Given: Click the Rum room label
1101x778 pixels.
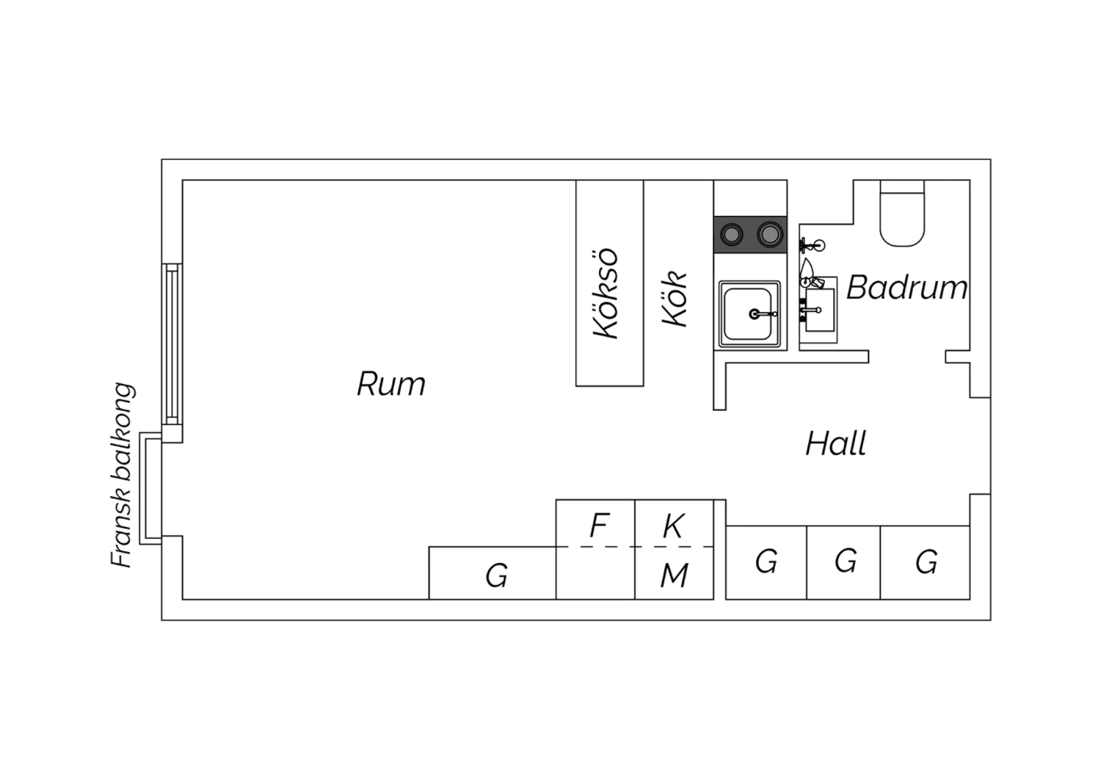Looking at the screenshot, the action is tap(390, 384).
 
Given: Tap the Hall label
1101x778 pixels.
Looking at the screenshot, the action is tap(835, 444).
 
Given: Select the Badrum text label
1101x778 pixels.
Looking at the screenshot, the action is tap(906, 288).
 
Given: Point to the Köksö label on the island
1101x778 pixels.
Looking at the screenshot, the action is tap(605, 294).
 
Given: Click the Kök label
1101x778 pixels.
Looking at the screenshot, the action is tap(674, 299).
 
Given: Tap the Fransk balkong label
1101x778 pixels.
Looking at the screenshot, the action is tap(123, 476).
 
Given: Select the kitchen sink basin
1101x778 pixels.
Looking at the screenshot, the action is tap(749, 314).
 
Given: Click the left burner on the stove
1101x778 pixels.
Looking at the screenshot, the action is tap(731, 234).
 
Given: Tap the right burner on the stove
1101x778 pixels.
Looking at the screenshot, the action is tap(769, 234).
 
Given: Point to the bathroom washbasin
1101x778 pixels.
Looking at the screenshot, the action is tap(819, 310).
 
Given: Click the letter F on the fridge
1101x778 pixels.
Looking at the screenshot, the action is tap(599, 526).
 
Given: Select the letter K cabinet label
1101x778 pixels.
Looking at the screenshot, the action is tap(673, 526).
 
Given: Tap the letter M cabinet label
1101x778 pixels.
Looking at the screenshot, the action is tap(674, 575).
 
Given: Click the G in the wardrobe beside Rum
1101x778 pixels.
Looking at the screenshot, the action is tap(496, 575).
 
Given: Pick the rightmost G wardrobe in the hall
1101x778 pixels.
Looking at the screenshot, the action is tap(926, 561).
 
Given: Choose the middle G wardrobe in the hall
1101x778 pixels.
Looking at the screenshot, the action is tap(846, 561).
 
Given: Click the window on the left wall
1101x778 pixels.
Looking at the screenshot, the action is tap(172, 344).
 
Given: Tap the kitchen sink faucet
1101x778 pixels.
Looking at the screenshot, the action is tap(762, 313).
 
